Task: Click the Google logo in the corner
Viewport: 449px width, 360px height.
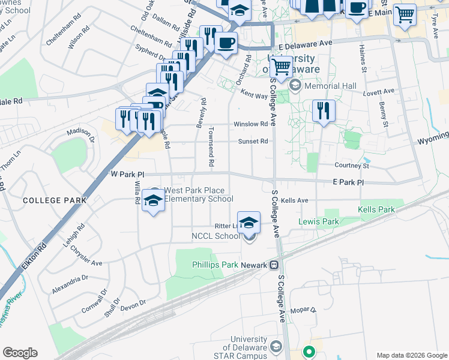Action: click(20, 353)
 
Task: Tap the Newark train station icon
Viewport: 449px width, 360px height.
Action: click(274, 265)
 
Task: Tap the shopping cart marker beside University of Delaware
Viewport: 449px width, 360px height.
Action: click(281, 67)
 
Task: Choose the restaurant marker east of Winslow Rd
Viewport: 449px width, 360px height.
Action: click(323, 110)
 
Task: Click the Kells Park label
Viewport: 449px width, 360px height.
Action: click(376, 209)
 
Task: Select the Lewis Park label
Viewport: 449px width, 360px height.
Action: click(319, 221)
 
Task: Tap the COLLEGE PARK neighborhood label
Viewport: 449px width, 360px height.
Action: click(48, 199)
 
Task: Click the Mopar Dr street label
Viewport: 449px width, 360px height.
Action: click(303, 310)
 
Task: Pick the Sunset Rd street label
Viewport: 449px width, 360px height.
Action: click(253, 142)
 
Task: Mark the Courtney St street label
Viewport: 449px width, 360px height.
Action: click(352, 166)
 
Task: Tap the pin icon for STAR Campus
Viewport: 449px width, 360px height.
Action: click(276, 346)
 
